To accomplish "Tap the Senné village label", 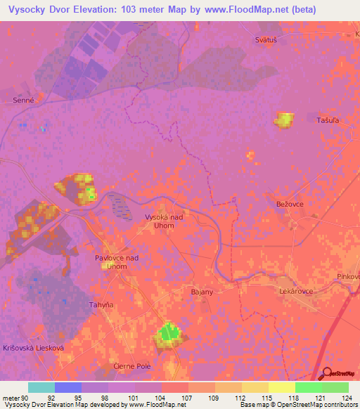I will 23,100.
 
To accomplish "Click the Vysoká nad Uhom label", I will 164,221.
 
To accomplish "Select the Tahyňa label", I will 101,304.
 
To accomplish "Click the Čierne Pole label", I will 133,367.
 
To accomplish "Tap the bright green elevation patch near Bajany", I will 169,334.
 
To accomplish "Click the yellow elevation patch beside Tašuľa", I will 285,120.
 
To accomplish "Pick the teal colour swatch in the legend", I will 41,387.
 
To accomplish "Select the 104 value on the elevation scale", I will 161,398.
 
